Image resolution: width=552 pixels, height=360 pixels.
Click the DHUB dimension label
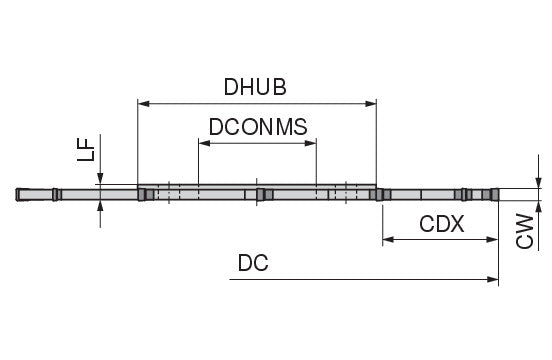(255, 87)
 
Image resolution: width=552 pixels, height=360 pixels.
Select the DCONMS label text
(258, 127)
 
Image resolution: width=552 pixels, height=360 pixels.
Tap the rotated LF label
(86, 149)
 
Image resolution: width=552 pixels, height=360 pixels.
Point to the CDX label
(442, 224)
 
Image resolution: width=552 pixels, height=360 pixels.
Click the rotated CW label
(525, 231)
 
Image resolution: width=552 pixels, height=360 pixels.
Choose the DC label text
(253, 263)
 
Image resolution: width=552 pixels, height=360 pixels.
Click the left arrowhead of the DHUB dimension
(143, 103)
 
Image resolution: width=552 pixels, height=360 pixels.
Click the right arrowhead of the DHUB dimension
(371, 103)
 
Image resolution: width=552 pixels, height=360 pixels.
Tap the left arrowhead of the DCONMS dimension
(205, 143)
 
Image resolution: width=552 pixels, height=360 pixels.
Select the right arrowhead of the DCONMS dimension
(310, 143)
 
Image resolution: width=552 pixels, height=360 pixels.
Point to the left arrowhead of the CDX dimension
(388, 240)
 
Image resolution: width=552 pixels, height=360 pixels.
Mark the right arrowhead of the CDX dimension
(492, 240)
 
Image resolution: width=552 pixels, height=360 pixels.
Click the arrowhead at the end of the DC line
(493, 279)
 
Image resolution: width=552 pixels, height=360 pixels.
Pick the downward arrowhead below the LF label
(100, 178)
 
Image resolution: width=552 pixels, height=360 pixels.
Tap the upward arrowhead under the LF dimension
(100, 206)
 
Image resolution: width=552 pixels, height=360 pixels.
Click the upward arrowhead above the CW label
(538, 206)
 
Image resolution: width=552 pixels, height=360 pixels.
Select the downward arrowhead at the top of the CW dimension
(538, 182)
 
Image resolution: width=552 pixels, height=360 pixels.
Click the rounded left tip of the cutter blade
(17, 195)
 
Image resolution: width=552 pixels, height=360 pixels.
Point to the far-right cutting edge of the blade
(497, 195)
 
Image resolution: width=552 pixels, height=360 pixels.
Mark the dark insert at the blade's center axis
(260, 195)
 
